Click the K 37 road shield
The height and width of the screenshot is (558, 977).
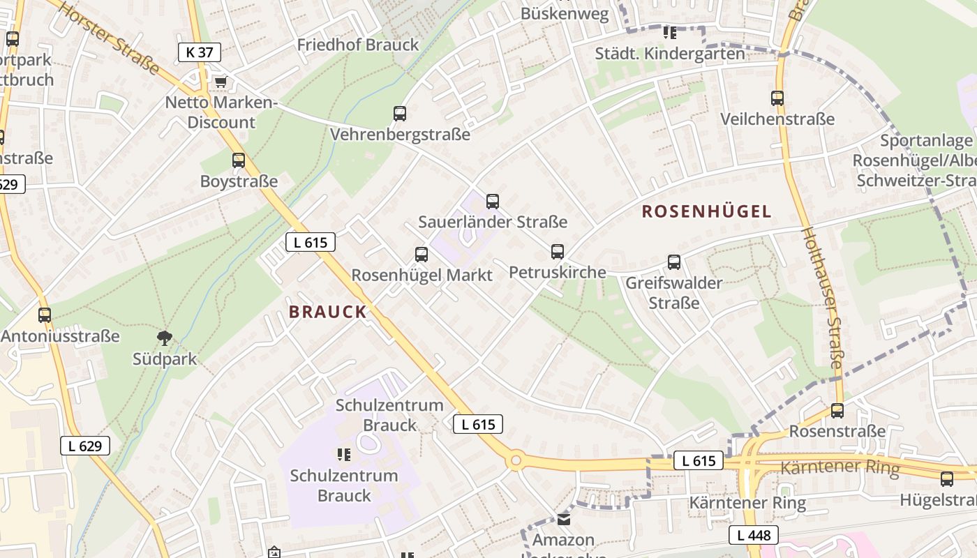click(200, 52)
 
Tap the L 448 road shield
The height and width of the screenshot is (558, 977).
click(754, 535)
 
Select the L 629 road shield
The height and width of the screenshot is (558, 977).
click(85, 446)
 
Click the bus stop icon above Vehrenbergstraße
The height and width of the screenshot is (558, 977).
click(400, 113)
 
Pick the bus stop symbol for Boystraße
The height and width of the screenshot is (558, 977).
click(239, 160)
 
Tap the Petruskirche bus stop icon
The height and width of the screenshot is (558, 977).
click(557, 251)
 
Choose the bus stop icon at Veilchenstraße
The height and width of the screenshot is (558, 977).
click(777, 98)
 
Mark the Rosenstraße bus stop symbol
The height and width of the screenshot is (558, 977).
click(837, 411)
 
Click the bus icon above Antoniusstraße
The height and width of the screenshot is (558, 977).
click(45, 315)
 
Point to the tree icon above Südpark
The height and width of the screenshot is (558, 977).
click(165, 339)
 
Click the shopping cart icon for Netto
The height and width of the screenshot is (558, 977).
click(221, 82)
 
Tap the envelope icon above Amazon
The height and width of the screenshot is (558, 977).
click(564, 520)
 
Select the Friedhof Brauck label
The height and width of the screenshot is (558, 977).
click(358, 45)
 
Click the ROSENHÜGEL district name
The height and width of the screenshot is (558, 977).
click(706, 211)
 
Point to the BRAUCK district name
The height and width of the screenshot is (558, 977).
click(327, 312)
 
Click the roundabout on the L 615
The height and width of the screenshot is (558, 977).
click(516, 460)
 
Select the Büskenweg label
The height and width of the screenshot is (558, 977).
click(565, 14)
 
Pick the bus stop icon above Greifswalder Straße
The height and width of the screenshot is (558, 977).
click(673, 262)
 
